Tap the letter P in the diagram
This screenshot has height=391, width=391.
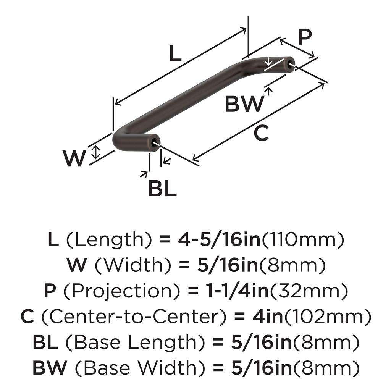tap(305, 37)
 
